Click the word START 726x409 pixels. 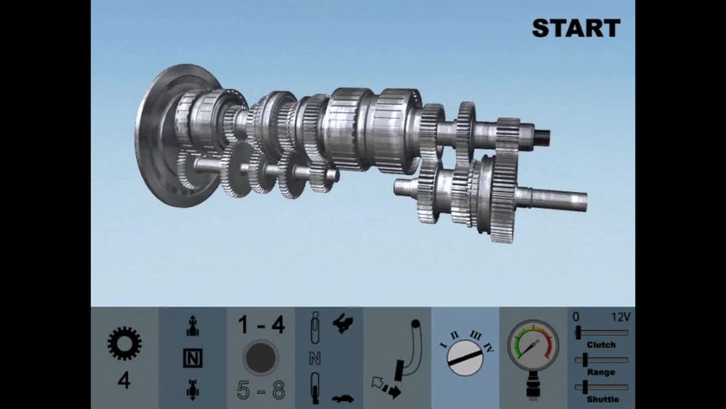576,29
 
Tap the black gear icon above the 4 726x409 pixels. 124,343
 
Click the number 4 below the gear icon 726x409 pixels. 124,380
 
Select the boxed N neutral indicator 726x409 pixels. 192,358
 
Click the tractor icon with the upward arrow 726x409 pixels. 192,326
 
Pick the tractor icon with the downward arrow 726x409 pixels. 192,389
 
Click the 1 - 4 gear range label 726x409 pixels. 261,325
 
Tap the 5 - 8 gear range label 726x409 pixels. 261,390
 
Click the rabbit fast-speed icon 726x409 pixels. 344,323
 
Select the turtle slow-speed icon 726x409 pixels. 343,398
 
